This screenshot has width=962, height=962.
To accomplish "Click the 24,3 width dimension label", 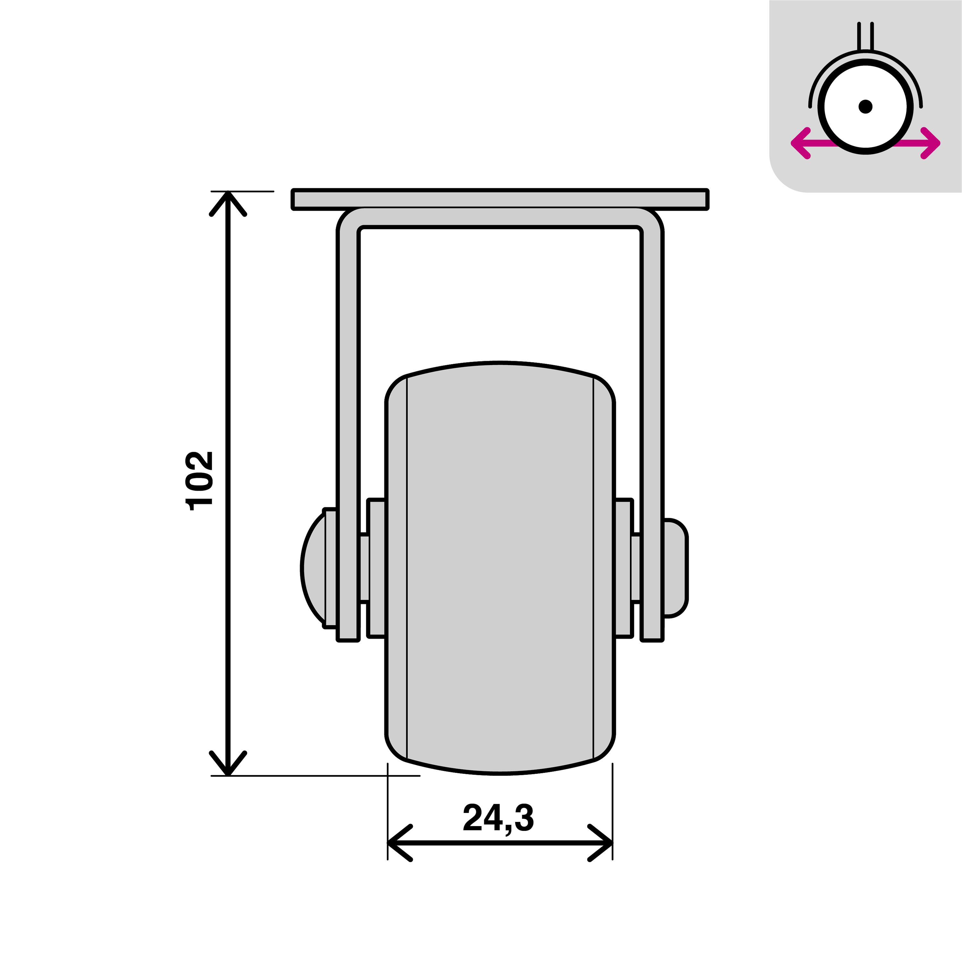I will click(x=498, y=818).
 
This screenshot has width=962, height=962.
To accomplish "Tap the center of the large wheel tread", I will click(x=500, y=568).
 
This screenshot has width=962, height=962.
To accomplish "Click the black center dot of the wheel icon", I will click(x=865, y=106).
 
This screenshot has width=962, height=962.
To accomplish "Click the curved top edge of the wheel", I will click(x=500, y=364).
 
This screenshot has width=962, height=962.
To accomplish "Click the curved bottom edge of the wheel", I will click(x=500, y=773).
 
